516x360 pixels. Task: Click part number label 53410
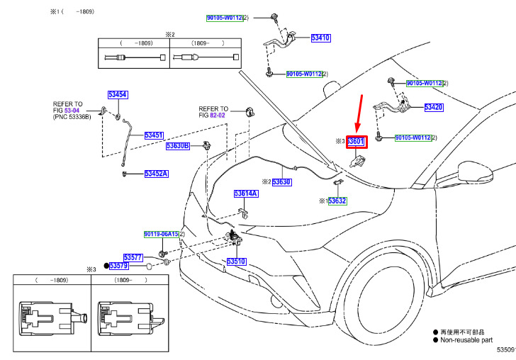320,38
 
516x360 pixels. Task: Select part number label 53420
433,107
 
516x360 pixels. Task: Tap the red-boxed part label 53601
356,142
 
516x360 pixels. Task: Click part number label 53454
118,95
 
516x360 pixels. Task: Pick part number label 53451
154,135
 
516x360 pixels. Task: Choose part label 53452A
156,173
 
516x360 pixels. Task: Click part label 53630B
177,146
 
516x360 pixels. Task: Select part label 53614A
246,193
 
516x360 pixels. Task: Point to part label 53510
236,261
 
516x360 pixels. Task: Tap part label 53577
133,257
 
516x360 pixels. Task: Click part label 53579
118,266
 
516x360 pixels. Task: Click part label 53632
337,201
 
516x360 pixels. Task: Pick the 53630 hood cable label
282,182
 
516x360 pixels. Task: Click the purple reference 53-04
72,111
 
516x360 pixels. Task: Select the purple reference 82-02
217,115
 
